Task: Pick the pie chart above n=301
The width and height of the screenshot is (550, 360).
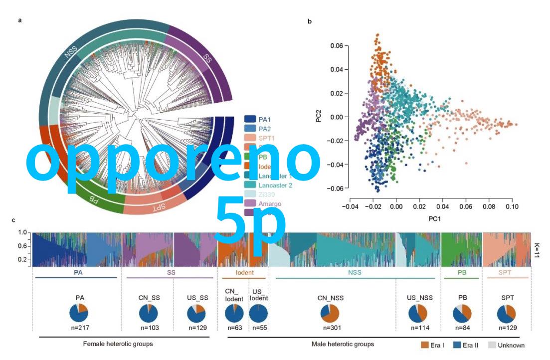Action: tap(330, 313)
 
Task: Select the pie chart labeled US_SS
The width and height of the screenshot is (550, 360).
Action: tap(196, 313)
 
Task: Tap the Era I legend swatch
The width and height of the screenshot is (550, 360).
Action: tap(425, 345)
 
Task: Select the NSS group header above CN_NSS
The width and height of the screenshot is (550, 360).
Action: tap(355, 273)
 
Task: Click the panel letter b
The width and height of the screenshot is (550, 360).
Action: tap(310, 21)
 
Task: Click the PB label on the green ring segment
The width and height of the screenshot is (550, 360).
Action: tap(93, 199)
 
